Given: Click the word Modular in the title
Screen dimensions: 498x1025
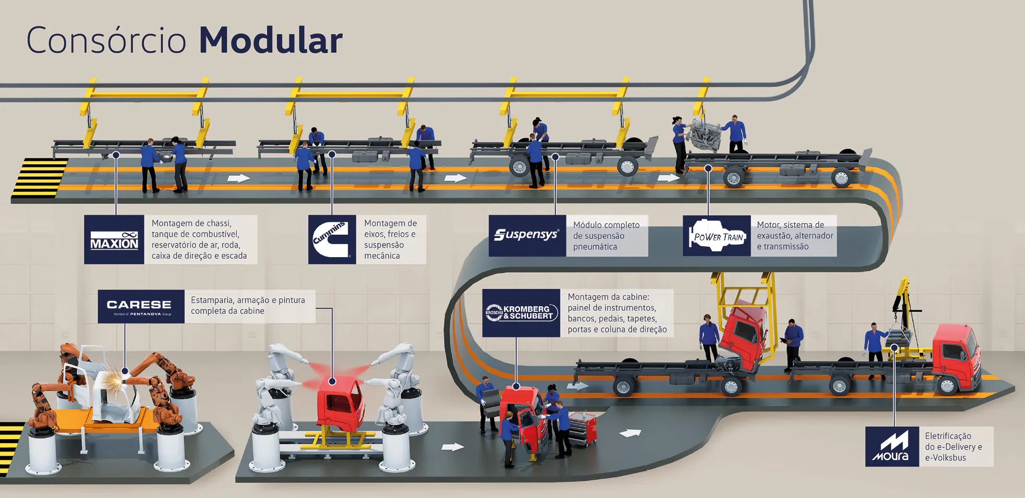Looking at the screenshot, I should [x=270, y=41].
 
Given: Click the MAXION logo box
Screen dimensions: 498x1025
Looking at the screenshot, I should [x=114, y=240].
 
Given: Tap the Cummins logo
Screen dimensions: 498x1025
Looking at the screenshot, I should [x=332, y=239].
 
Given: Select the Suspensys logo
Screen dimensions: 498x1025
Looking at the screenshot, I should [x=527, y=235].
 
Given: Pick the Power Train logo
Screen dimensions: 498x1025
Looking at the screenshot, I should [x=717, y=236].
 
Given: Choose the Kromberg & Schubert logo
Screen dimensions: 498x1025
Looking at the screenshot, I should [x=521, y=313].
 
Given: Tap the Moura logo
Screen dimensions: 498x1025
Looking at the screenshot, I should [x=892, y=447].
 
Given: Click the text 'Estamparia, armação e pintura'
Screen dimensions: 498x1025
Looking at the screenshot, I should [x=248, y=300].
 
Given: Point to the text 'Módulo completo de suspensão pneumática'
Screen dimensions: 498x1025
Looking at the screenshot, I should [x=606, y=236].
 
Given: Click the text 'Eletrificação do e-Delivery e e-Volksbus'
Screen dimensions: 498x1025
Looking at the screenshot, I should [x=953, y=447].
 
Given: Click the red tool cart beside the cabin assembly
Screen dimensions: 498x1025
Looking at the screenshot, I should [x=583, y=429].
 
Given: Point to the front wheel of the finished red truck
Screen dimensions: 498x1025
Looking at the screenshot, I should [x=947, y=385].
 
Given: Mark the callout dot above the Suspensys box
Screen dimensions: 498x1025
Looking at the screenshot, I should [x=555, y=156].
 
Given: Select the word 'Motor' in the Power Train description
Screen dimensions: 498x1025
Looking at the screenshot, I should [x=768, y=225].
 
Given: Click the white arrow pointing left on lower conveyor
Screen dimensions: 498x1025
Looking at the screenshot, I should [x=630, y=433].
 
